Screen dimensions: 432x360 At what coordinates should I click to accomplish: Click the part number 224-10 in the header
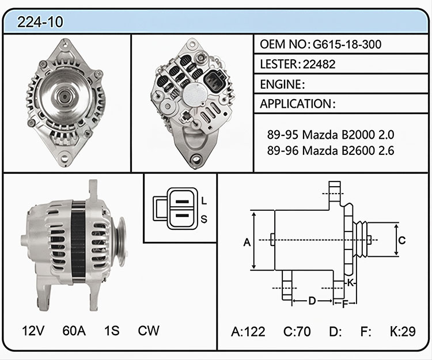click(x=40, y=22)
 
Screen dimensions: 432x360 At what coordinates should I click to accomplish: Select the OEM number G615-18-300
click(x=347, y=44)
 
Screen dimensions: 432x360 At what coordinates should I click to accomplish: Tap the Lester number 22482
click(x=319, y=64)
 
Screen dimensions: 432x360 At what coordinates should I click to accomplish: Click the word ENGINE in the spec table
click(x=281, y=84)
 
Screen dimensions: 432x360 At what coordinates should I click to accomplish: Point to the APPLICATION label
click(x=295, y=104)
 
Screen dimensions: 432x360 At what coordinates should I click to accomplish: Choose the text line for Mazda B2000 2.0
click(x=331, y=135)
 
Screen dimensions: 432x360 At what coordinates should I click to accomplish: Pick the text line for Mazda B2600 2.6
click(x=331, y=151)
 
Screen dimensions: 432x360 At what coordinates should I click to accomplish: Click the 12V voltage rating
click(x=33, y=331)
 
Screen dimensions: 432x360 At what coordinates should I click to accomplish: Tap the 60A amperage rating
click(x=74, y=331)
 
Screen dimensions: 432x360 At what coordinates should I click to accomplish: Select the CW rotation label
click(x=149, y=331)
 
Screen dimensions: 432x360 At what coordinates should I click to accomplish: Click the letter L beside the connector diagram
click(x=204, y=201)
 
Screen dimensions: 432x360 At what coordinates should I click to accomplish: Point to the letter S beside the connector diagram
click(x=204, y=219)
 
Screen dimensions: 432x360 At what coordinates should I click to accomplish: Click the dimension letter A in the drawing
click(x=247, y=242)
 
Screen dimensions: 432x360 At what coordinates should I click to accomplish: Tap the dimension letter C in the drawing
click(x=402, y=240)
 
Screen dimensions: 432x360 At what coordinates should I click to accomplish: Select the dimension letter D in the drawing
click(x=312, y=301)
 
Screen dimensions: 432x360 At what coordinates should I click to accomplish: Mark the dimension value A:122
click(x=248, y=332)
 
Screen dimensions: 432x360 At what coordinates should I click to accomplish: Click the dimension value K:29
click(x=403, y=331)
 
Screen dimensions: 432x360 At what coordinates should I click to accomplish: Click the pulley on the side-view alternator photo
click(x=120, y=242)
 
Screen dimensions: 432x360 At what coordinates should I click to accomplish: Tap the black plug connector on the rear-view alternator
click(x=215, y=80)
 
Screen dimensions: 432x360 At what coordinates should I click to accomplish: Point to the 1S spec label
click(x=112, y=331)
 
